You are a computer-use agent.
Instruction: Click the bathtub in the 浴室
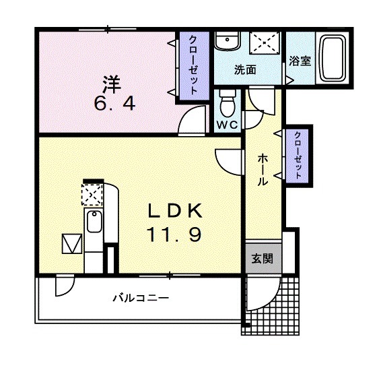pos(332,58)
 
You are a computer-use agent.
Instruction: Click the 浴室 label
pos(300,61)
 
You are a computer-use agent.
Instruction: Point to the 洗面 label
pos(245,70)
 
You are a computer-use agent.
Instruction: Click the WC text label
pos(227,125)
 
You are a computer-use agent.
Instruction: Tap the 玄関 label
pos(263,259)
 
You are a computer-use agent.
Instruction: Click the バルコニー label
pos(141,297)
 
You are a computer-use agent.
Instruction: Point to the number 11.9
pos(174,234)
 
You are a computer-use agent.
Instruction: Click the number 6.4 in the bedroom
pos(114,104)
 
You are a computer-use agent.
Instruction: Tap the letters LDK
pos(175,211)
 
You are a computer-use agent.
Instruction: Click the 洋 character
pos(112,85)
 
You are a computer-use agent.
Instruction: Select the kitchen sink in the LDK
pos(94,222)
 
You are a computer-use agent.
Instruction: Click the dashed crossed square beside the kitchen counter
pos(92,195)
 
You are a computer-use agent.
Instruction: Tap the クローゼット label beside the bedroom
pos(193,65)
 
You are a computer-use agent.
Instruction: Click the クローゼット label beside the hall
pos(298,156)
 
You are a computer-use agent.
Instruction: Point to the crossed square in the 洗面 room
pos(265,43)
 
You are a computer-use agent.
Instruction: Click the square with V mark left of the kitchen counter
pos(72,243)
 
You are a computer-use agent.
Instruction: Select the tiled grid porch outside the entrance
pos(270,306)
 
